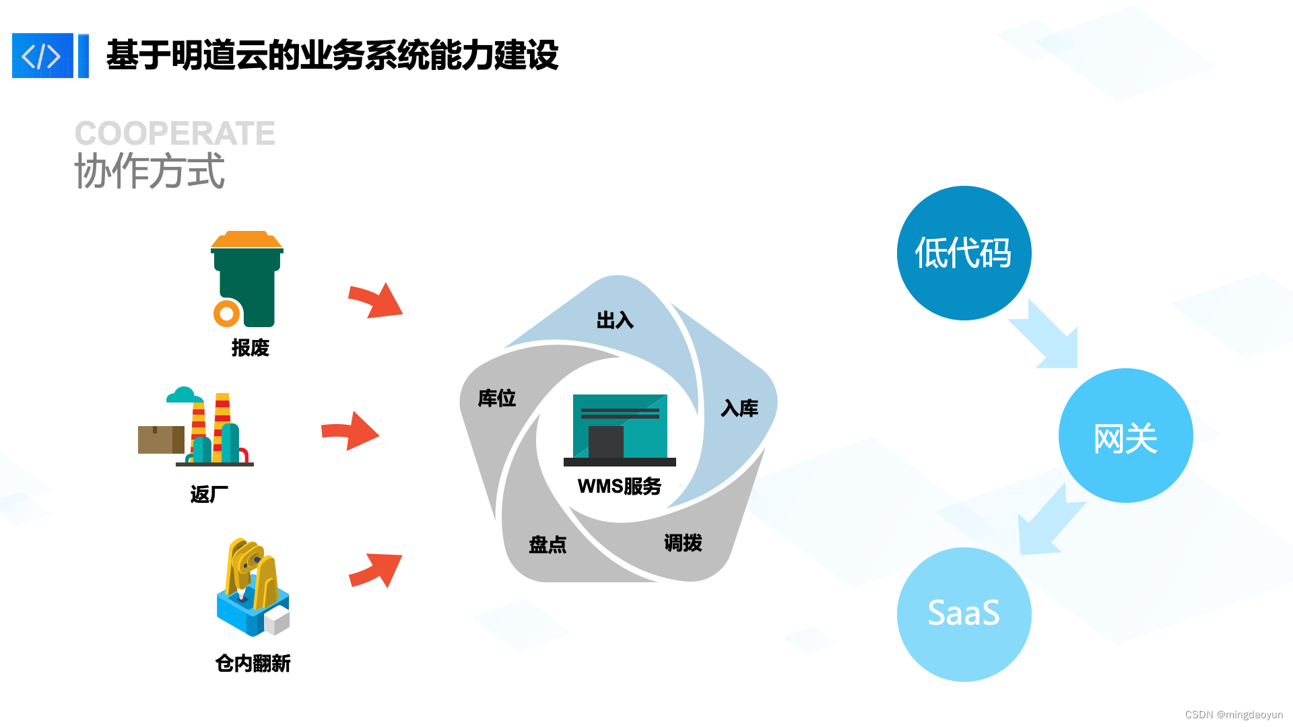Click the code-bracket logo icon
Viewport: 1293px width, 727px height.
pos(42,56)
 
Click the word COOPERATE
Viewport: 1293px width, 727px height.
pos(174,133)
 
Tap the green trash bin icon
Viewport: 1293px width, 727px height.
pos(247,279)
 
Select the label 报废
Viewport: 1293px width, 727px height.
pos(250,348)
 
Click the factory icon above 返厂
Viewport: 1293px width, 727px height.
pos(197,429)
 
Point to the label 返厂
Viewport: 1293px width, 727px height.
pos(209,495)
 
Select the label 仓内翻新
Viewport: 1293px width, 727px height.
pos(253,664)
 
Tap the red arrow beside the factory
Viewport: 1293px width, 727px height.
pos(351,431)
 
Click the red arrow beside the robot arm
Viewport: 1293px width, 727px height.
pos(376,569)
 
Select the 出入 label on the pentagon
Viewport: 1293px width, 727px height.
pos(615,320)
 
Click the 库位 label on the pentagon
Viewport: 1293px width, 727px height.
pos(497,399)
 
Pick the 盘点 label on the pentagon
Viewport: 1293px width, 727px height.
pos(548,545)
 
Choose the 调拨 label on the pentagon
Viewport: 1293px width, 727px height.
pos(683,543)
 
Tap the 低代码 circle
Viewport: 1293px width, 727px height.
pos(964,253)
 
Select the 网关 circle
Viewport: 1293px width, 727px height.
pos(1125,436)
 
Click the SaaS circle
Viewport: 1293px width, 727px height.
pos(964,614)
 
